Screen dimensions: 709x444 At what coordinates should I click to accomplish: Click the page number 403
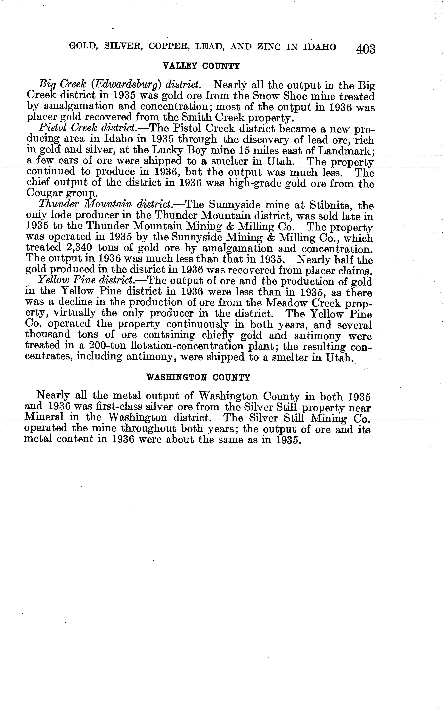pos(366,49)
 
